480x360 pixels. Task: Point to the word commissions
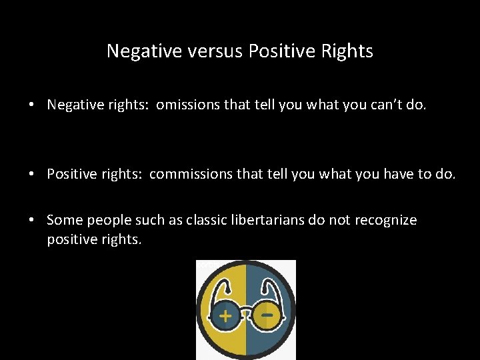[189, 175]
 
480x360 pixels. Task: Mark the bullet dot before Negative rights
[32, 105]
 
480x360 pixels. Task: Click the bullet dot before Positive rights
[32, 175]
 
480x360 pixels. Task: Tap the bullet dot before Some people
[32, 221]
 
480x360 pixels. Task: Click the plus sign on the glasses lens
[226, 315]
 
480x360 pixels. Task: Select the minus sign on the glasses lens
[267, 311]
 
